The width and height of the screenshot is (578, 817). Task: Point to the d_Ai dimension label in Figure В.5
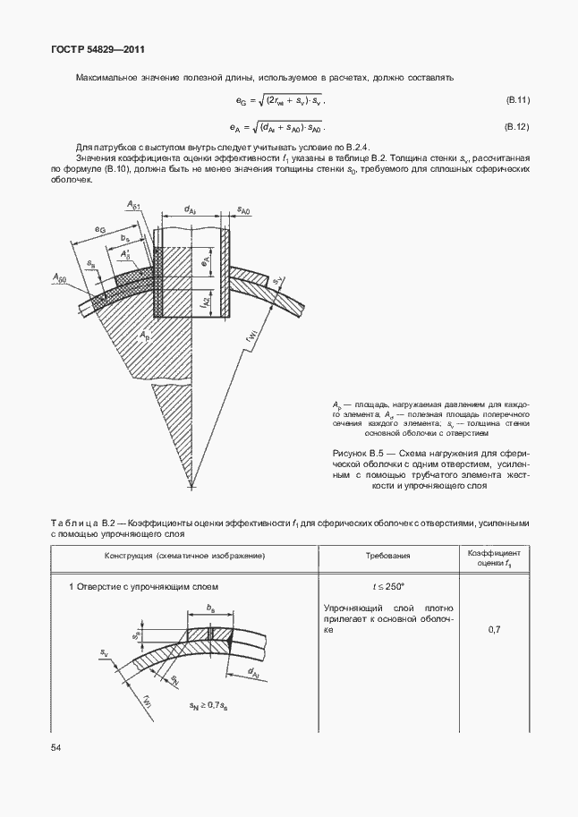coord(191,209)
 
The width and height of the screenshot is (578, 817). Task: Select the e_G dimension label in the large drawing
coord(100,231)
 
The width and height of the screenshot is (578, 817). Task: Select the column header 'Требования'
coord(387,556)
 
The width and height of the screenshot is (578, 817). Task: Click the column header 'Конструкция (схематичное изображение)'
coord(183,556)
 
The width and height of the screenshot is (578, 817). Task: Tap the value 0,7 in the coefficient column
coord(494,631)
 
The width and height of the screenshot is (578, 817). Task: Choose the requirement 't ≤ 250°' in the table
coord(388,587)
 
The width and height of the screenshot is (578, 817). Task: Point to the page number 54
coord(55,746)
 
